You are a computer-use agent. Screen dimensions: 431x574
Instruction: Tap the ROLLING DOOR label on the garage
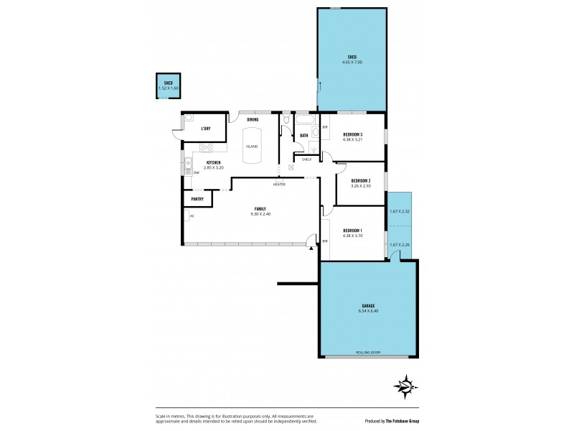[x=367, y=352]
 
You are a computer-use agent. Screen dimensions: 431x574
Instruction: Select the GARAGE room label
[x=367, y=305]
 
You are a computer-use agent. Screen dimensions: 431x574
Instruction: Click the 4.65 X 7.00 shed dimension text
[x=352, y=62]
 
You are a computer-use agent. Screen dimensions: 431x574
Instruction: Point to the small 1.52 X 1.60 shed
[x=168, y=85]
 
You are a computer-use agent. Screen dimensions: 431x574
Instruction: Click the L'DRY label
[x=205, y=129]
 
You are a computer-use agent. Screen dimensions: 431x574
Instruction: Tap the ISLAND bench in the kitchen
[x=251, y=146]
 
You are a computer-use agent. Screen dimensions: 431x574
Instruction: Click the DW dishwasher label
[x=196, y=172]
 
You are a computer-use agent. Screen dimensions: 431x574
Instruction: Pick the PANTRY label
[x=198, y=200]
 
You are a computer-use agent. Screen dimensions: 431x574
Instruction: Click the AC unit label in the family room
[x=192, y=215]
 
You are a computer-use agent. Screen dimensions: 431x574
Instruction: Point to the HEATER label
[x=279, y=185]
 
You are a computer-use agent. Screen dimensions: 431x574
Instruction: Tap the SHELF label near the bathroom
[x=306, y=159]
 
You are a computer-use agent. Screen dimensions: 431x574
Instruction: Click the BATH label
[x=304, y=135]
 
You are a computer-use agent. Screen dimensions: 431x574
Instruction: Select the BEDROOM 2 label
[x=360, y=180]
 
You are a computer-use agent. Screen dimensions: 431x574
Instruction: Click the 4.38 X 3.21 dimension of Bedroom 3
[x=352, y=139]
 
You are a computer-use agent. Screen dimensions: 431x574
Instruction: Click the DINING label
[x=253, y=120]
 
